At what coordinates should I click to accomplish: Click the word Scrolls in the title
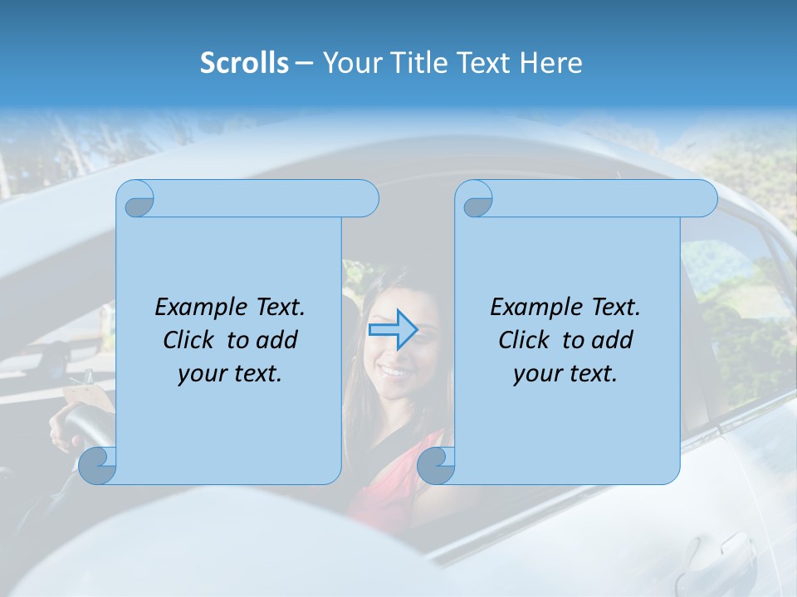[x=244, y=63]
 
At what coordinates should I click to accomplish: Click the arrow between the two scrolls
[x=393, y=330]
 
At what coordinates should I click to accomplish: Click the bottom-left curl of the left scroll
[x=97, y=465]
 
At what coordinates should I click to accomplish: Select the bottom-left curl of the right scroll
[x=435, y=465]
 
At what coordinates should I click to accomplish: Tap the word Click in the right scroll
[x=523, y=340]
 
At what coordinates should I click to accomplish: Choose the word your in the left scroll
[x=200, y=374]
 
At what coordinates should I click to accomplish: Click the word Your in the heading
[x=348, y=63]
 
